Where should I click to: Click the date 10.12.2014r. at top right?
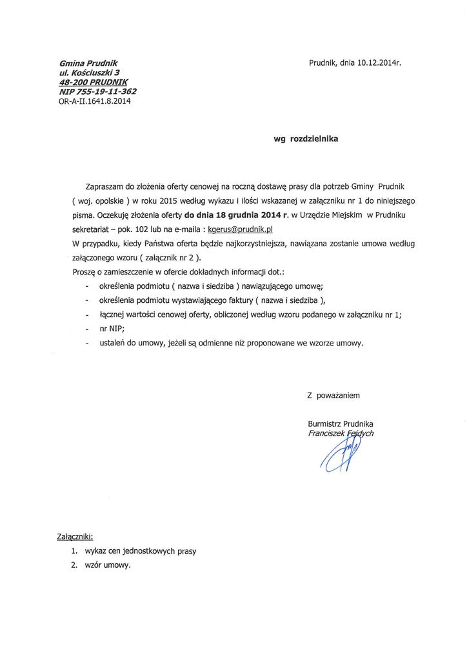(380, 64)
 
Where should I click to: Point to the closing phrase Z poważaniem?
(333, 393)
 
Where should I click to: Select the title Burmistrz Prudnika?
(341, 423)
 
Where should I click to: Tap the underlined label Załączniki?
(75, 536)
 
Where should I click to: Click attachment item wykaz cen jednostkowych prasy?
(144, 551)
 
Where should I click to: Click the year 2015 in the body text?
(176, 198)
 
